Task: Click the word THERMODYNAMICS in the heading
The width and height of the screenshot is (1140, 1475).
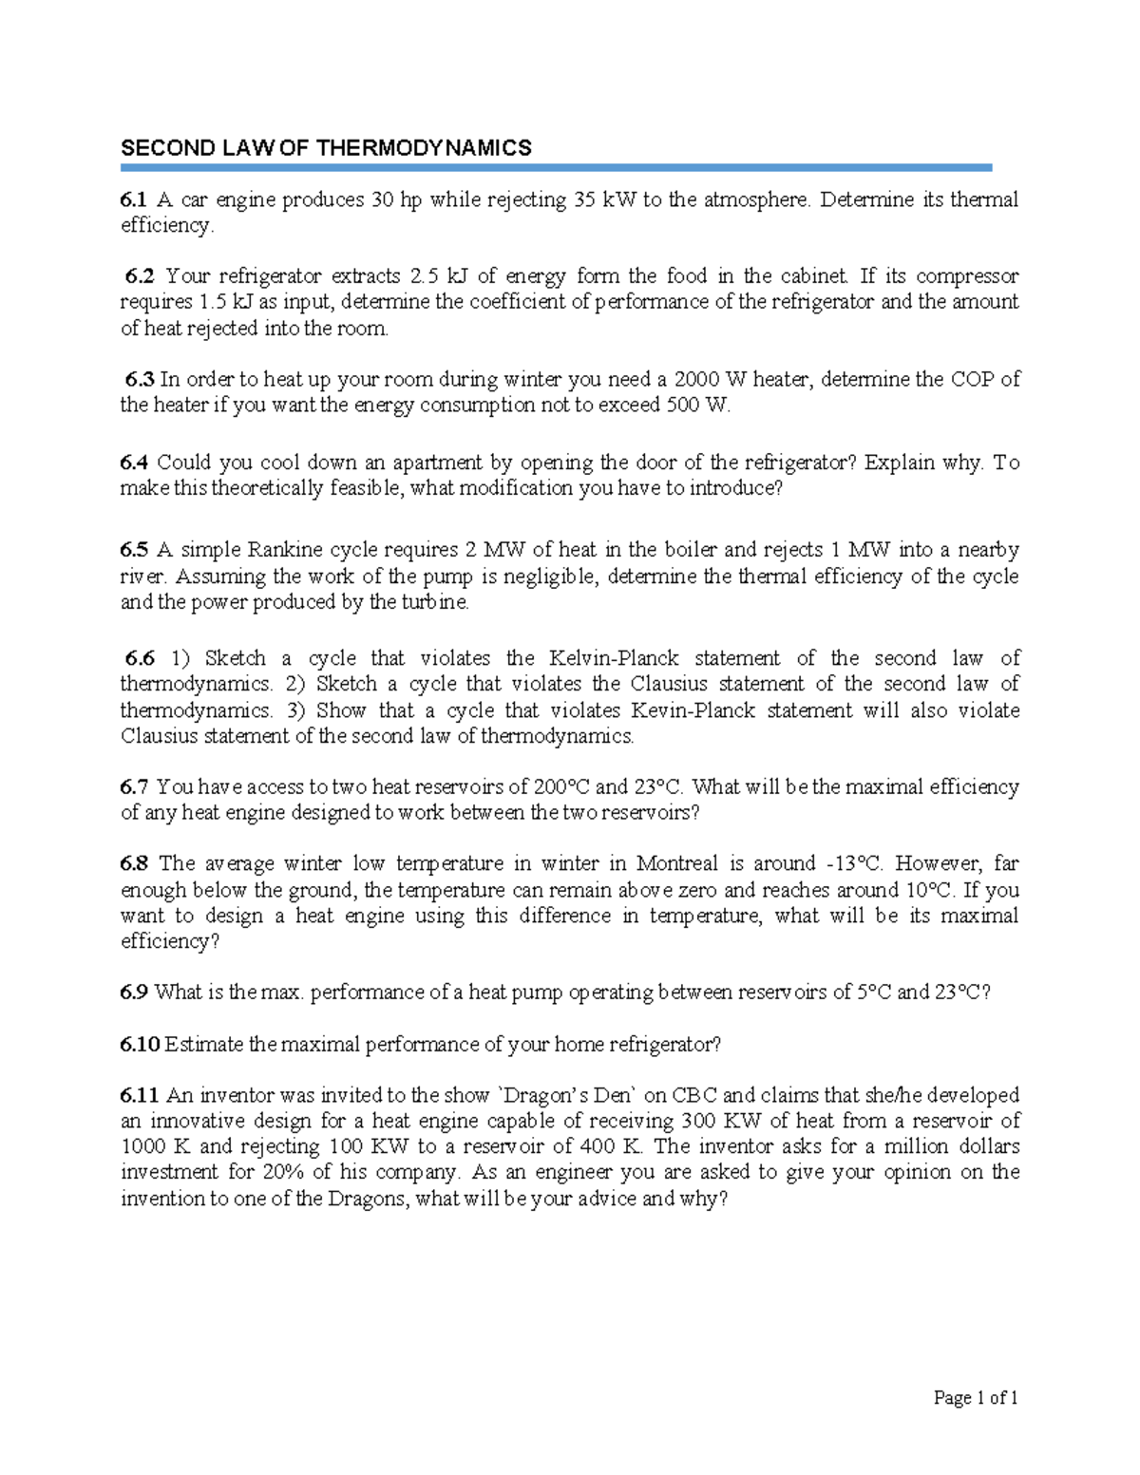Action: [424, 147]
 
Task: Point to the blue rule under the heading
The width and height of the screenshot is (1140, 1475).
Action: [556, 168]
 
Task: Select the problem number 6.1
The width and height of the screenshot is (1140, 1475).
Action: [133, 199]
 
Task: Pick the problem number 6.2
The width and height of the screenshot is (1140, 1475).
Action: [140, 276]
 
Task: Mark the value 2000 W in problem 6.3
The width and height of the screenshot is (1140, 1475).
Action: [710, 380]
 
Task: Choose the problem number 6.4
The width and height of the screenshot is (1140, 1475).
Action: [133, 463]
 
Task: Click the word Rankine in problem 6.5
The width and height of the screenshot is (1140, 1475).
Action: [284, 550]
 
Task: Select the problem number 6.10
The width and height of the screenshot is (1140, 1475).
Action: [139, 1045]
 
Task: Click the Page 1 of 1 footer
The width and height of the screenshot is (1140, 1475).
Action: [976, 1397]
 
